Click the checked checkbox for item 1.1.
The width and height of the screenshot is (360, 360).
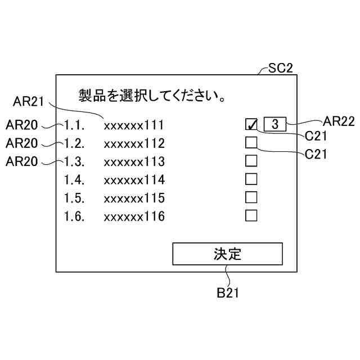pyautogui.click(x=251, y=124)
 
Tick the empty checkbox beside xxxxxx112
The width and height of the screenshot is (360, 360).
pyautogui.click(x=251, y=143)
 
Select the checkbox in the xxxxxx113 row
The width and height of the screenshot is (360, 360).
pyautogui.click(x=251, y=161)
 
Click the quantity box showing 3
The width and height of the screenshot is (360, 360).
pyautogui.click(x=274, y=124)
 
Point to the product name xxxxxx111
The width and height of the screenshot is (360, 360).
pyautogui.click(x=134, y=125)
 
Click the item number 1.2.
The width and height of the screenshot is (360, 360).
pyautogui.click(x=74, y=143)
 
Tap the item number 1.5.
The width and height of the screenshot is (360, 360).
pyautogui.click(x=74, y=198)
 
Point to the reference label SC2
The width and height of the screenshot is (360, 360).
pyautogui.click(x=281, y=69)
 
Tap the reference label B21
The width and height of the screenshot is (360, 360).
pyautogui.click(x=231, y=292)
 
